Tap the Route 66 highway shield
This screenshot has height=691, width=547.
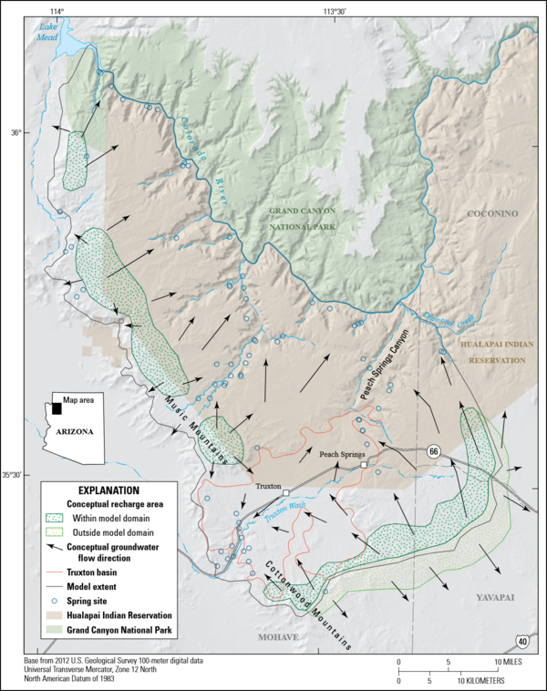point(434,450)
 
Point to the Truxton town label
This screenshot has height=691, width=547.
point(269,488)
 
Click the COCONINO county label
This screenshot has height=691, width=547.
point(492,214)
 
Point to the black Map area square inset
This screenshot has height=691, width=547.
point(57,408)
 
